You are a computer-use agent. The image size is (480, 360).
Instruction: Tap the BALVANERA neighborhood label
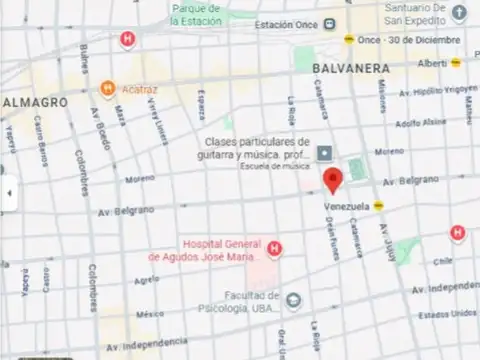click(349, 68)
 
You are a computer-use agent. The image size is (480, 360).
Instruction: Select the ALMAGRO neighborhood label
click(35, 102)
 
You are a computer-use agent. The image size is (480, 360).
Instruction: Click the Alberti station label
click(432, 63)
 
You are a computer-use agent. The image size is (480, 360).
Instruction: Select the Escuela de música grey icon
click(325, 153)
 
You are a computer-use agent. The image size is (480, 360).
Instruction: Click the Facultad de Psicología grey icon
click(293, 300)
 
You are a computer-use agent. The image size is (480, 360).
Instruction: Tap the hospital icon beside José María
click(273, 249)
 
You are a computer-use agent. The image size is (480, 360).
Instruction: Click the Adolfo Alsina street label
click(420, 122)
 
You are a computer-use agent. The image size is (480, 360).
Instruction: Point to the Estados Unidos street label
click(446, 312)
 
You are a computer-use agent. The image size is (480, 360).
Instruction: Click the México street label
click(150, 313)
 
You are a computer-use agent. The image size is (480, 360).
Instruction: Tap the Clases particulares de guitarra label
click(257, 148)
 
